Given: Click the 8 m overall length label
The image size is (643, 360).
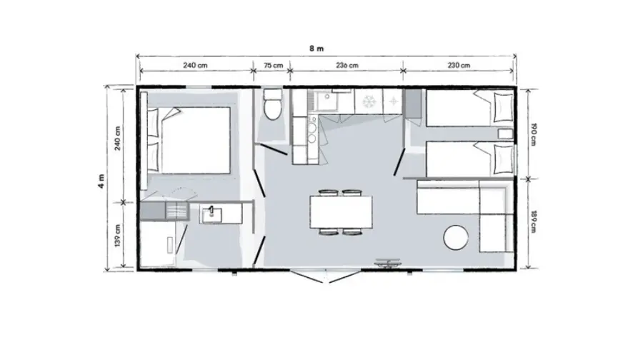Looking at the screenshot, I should [x=316, y=49].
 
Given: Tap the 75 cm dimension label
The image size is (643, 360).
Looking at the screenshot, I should [x=273, y=65].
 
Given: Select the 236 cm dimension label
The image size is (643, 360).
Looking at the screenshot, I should [x=347, y=65].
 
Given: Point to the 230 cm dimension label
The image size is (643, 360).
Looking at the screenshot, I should [x=459, y=65].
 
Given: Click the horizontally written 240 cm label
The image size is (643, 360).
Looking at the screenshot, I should [x=195, y=65].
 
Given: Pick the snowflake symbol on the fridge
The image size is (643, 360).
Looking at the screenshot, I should [x=369, y=101].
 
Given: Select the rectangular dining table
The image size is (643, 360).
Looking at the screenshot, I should [x=341, y=212].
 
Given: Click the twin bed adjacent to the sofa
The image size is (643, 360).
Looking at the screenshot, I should [x=469, y=159].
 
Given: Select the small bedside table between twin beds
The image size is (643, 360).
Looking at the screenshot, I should [x=505, y=134].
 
